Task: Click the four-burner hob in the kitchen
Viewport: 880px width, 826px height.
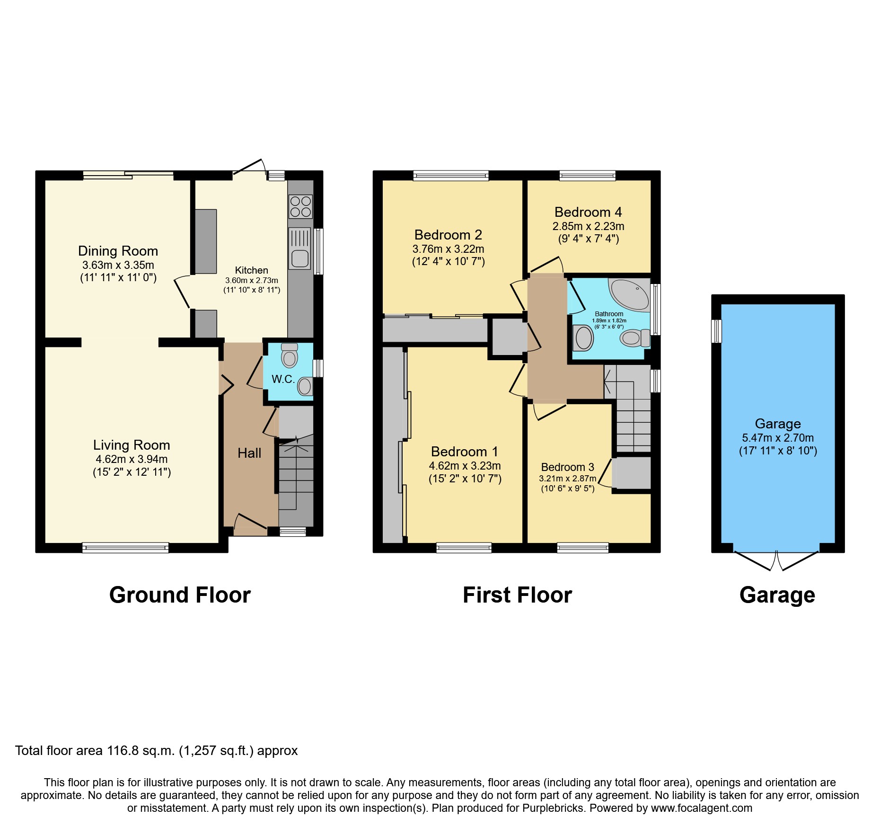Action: tap(300, 207)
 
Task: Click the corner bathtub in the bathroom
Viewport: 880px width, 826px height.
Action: tap(630, 294)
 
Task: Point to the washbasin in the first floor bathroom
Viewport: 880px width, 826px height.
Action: tap(583, 338)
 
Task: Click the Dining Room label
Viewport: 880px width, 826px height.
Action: tap(118, 251)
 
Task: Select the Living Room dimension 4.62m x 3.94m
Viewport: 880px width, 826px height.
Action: tap(132, 459)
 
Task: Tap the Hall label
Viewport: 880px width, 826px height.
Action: tap(249, 453)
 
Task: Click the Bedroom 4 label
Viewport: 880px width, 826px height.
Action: tap(588, 212)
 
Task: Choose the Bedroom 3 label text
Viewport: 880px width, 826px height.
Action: tap(567, 467)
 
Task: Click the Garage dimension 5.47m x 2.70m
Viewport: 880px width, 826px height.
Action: tap(778, 438)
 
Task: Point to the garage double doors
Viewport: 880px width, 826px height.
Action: tap(776, 560)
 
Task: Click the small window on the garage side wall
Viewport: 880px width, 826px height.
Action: tap(717, 331)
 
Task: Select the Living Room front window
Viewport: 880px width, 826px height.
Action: tap(125, 548)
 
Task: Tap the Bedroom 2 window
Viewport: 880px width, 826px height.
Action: tap(450, 176)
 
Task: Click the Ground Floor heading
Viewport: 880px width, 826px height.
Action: tap(180, 595)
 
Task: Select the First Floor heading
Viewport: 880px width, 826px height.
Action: tap(517, 595)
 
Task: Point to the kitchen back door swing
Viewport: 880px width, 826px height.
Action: tap(249, 167)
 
